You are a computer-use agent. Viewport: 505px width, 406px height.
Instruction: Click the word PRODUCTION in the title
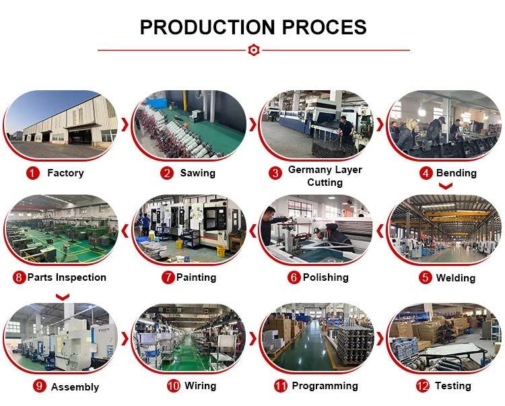tap(207, 27)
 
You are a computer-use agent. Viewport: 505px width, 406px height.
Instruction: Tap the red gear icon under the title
tap(253, 50)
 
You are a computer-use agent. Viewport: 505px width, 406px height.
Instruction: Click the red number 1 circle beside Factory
tap(32, 173)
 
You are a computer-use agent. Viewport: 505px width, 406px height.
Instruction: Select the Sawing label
tap(198, 173)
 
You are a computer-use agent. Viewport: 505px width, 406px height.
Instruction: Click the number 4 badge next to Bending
tap(426, 173)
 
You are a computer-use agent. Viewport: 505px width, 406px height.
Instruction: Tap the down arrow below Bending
tap(446, 186)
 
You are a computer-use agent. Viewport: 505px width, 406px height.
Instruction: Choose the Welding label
tap(455, 278)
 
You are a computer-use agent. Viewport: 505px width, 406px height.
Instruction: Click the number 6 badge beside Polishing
tap(294, 277)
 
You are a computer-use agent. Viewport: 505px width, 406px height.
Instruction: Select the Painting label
tap(196, 277)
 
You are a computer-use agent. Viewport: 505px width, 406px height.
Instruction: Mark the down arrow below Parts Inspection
tap(63, 297)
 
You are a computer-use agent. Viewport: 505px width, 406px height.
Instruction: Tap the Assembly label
tap(75, 387)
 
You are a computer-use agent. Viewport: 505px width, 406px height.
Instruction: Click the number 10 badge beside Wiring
tap(174, 386)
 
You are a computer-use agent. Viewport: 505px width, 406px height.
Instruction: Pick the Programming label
tap(325, 386)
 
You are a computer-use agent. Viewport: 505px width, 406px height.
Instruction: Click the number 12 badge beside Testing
tap(423, 386)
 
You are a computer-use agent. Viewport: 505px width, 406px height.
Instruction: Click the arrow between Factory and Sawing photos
tap(125, 125)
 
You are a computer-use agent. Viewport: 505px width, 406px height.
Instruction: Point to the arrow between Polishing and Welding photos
tap(380, 230)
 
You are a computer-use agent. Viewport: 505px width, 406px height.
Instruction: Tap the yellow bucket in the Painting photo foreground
tap(221, 251)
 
